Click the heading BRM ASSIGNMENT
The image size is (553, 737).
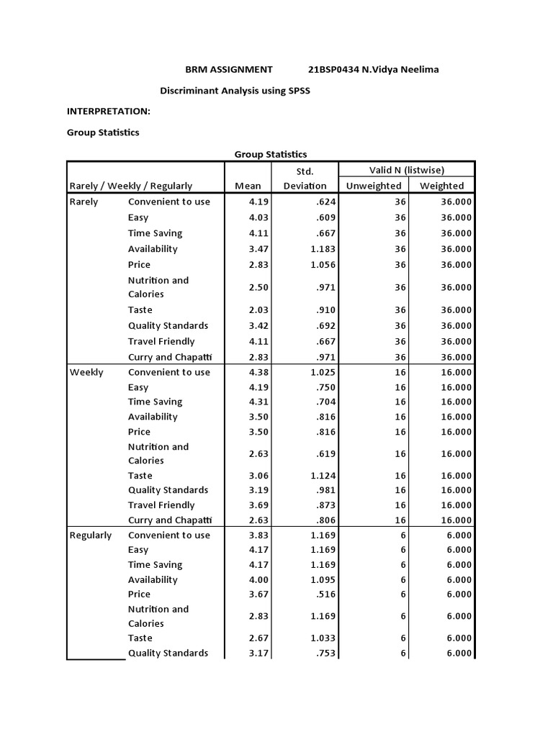tap(229, 69)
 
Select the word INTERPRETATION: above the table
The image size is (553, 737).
tap(109, 112)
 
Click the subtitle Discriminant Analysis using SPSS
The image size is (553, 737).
tap(234, 93)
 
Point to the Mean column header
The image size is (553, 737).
tap(248, 186)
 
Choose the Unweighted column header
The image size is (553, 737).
tap(374, 186)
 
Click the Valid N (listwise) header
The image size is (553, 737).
tap(407, 170)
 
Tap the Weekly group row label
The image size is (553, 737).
tap(86, 372)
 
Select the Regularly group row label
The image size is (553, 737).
tap(91, 535)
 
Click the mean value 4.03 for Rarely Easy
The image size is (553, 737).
tap(258, 217)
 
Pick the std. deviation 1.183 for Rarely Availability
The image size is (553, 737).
tap(323, 249)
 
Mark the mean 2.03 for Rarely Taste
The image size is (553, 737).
tap(258, 310)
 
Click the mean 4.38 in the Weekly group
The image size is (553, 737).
tap(258, 372)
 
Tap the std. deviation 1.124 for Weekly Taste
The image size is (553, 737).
tap(323, 476)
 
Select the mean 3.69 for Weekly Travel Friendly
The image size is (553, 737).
tap(258, 505)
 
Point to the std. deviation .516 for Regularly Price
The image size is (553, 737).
tap(326, 594)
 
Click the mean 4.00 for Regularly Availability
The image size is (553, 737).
tap(258, 579)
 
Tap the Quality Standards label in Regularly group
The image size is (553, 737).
tap(168, 653)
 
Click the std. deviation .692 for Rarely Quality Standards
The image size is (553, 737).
tap(326, 326)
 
